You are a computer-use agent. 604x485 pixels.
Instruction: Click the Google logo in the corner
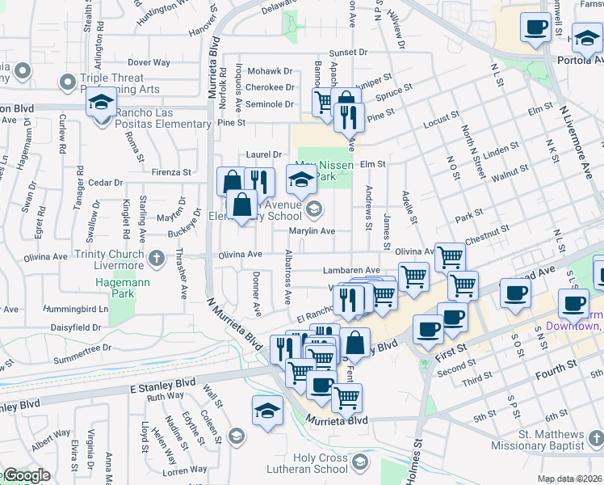point(26,476)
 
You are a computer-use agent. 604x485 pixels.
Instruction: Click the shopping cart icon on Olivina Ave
point(450,257)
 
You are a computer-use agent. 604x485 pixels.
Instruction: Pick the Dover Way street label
point(149,62)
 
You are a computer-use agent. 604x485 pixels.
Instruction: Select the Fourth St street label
point(556,365)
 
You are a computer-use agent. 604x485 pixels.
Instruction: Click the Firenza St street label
point(170,172)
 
